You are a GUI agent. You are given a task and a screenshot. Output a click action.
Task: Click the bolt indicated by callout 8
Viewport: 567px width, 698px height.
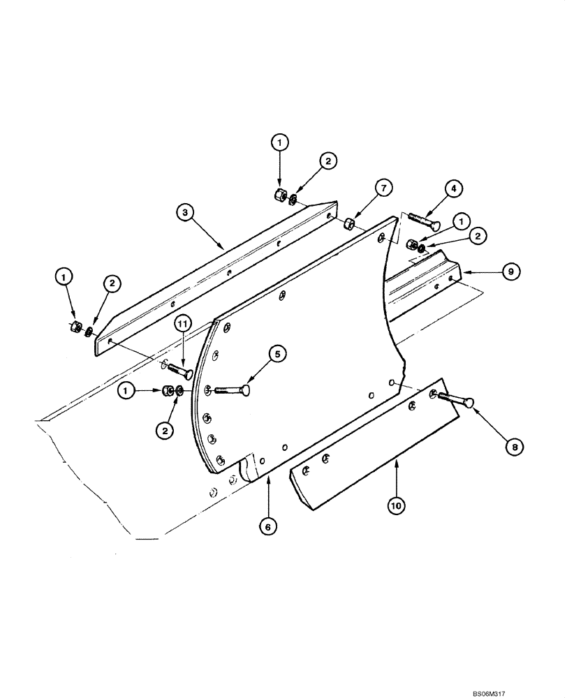click(x=455, y=401)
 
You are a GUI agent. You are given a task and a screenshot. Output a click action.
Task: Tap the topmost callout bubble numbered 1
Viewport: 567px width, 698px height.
click(x=280, y=142)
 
